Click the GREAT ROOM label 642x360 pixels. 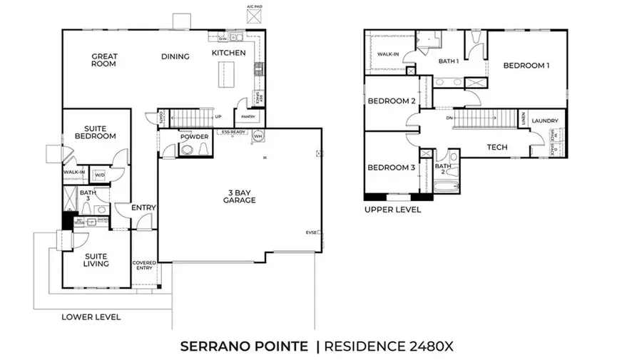(x=104, y=60)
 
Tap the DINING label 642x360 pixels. (x=175, y=57)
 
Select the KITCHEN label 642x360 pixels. (x=228, y=53)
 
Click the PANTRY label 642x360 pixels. (x=248, y=117)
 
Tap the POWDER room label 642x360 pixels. (x=193, y=137)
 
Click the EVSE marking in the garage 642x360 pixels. (x=312, y=232)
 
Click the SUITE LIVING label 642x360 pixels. (x=96, y=259)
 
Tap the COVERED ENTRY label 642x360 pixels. (x=144, y=266)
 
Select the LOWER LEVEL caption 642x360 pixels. (x=91, y=317)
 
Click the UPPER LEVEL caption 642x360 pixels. (x=392, y=210)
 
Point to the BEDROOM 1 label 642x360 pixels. (x=526, y=66)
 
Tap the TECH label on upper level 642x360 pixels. (x=496, y=148)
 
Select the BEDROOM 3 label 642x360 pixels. (x=392, y=168)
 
